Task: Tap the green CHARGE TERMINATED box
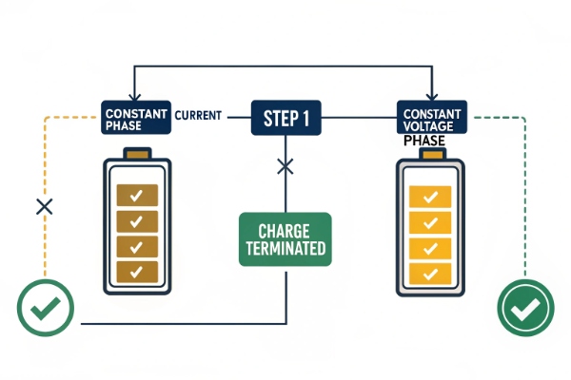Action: pyautogui.click(x=285, y=238)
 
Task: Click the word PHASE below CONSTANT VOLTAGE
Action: pyautogui.click(x=424, y=141)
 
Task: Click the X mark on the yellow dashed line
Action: pyautogui.click(x=42, y=206)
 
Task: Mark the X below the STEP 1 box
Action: pyautogui.click(x=285, y=167)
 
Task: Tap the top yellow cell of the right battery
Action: pyautogui.click(x=429, y=198)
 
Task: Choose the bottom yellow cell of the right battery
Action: pyautogui.click(x=429, y=273)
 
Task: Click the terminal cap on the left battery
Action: pyautogui.click(x=136, y=154)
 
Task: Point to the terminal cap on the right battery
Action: pyautogui.click(x=429, y=155)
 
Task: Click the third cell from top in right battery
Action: pyautogui.click(x=429, y=248)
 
